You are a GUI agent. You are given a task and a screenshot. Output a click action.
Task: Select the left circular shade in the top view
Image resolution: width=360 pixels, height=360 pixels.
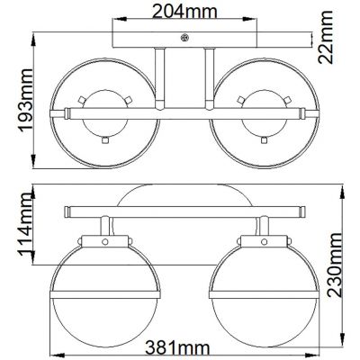pos(106,113)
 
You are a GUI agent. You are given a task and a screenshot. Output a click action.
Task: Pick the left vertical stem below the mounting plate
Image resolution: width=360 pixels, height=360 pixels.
pos(160,76)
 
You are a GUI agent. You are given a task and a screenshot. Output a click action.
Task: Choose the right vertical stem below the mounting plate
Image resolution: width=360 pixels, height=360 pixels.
pos(207,76)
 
